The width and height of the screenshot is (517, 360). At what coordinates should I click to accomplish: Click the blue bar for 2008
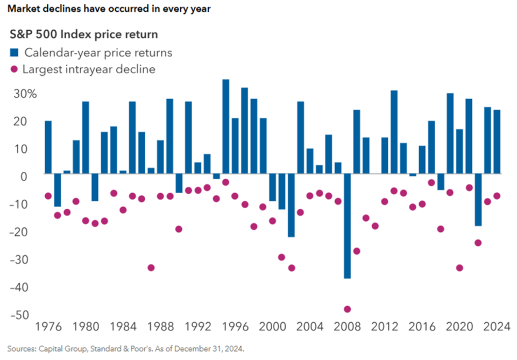347,226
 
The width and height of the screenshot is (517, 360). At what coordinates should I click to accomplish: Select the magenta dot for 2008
347,309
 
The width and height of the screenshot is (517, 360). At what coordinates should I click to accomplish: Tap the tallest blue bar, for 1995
226,126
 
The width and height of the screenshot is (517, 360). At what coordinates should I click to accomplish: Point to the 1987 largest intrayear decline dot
151,267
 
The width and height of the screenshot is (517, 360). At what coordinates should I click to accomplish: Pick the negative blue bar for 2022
478,200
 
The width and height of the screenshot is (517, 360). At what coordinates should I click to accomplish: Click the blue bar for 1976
48,147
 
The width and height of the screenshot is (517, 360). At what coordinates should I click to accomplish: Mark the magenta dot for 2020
459,267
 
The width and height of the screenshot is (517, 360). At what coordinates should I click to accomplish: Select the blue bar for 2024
497,142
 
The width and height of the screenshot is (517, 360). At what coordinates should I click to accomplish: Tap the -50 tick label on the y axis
22,315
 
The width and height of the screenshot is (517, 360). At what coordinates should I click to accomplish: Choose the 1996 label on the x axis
234,327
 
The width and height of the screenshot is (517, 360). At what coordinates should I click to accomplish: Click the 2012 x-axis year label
383,327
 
